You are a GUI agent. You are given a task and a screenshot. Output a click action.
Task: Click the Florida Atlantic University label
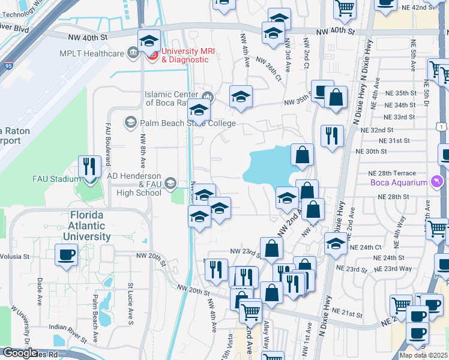pyautogui.click(x=89, y=226)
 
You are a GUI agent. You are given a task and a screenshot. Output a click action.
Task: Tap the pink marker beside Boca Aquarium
pyautogui.click(x=436, y=182)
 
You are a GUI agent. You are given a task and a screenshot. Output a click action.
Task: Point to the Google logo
pyautogui.click(x=19, y=352)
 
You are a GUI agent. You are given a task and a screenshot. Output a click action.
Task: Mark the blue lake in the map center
pyautogui.click(x=270, y=165)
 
